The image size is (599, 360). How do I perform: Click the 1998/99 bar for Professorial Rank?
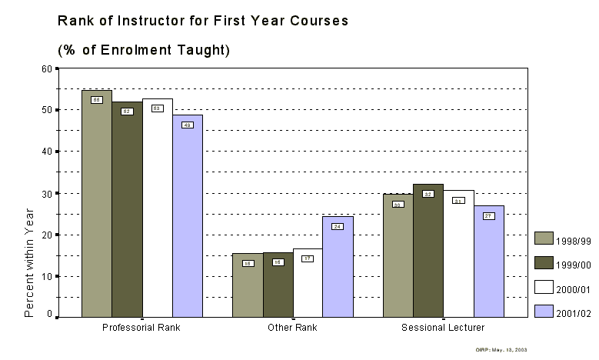97,203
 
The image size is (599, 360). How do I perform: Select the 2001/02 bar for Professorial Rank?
188,215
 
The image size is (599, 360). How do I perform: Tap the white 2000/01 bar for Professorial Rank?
157,208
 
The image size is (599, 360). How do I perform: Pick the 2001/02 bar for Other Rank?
338,266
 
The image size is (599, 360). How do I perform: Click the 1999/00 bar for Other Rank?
278,284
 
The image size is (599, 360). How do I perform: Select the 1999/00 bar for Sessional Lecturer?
428,250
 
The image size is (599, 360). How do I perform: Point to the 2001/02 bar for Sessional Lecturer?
488,261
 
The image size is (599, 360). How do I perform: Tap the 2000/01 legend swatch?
544,288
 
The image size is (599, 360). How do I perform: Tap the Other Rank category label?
292,328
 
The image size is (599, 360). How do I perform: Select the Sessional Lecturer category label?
443,328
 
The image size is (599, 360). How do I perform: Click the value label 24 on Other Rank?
338,226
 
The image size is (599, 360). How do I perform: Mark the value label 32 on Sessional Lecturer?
428,194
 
